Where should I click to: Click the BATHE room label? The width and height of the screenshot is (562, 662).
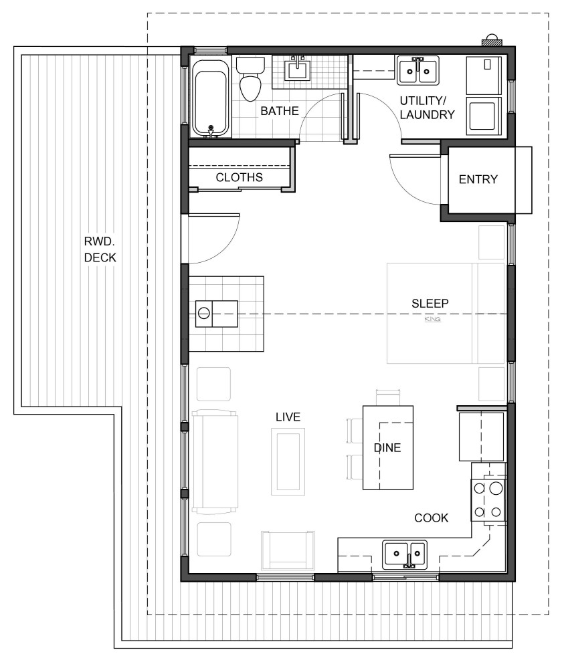point(279,111)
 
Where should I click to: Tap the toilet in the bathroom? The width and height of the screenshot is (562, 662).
point(250,79)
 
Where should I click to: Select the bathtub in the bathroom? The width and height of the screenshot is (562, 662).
point(211,98)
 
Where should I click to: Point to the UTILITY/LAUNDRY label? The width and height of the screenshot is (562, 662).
point(427,108)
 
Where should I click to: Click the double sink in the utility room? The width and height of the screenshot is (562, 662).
point(418,70)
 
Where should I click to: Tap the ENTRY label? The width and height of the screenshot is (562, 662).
point(478,179)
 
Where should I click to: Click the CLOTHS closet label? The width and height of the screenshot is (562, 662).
point(239,177)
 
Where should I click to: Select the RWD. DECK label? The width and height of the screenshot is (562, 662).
point(100,249)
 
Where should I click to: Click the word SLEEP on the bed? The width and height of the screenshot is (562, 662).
point(430,303)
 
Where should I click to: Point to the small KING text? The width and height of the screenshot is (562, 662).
point(433,319)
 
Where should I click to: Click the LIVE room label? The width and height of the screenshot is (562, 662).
point(288,417)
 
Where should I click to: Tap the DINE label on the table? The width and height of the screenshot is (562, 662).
point(387,448)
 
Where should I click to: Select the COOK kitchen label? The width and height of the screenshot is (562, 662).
point(431,518)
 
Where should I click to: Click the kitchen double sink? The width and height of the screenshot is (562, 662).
point(405,555)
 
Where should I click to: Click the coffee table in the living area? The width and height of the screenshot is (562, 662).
point(288,461)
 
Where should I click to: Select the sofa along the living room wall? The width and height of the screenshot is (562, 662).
point(215,461)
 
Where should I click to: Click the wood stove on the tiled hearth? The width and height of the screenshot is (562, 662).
point(216,314)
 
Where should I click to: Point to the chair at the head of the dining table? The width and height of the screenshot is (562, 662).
point(388,398)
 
